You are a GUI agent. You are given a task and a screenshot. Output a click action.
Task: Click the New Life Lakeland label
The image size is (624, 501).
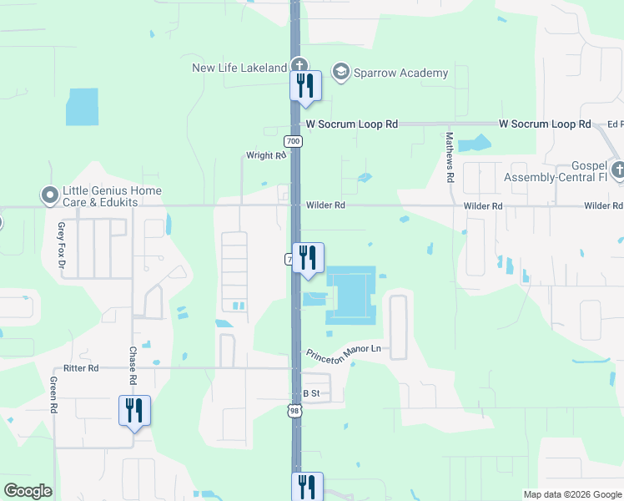239,68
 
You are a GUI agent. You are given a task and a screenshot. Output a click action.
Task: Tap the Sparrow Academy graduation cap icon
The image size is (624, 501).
340,73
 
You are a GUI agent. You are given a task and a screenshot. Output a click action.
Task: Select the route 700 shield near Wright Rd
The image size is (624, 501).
293,141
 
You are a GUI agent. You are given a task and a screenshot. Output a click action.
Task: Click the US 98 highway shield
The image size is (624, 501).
294,409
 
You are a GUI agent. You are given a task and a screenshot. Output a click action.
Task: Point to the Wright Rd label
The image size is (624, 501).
265,155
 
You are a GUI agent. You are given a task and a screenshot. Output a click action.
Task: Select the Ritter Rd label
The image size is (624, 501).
81,368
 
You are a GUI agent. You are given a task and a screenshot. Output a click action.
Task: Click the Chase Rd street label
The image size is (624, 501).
132,365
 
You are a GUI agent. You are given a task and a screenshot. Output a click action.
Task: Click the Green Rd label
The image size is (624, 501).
53,395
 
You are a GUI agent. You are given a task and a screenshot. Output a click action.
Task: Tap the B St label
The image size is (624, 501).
311,392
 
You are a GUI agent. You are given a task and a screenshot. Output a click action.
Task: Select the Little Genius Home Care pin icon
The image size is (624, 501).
51,195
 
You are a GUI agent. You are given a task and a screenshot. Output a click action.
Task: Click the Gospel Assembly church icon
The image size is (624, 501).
617,171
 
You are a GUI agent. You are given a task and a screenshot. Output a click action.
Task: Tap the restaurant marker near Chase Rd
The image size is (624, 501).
134,411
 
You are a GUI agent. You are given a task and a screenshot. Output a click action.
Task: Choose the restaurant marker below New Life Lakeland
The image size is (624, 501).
305,86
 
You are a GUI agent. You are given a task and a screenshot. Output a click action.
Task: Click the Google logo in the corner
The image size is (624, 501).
28,491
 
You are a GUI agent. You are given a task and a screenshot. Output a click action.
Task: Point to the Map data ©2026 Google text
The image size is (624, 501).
571,494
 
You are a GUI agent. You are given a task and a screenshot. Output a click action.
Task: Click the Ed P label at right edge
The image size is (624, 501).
616,124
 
